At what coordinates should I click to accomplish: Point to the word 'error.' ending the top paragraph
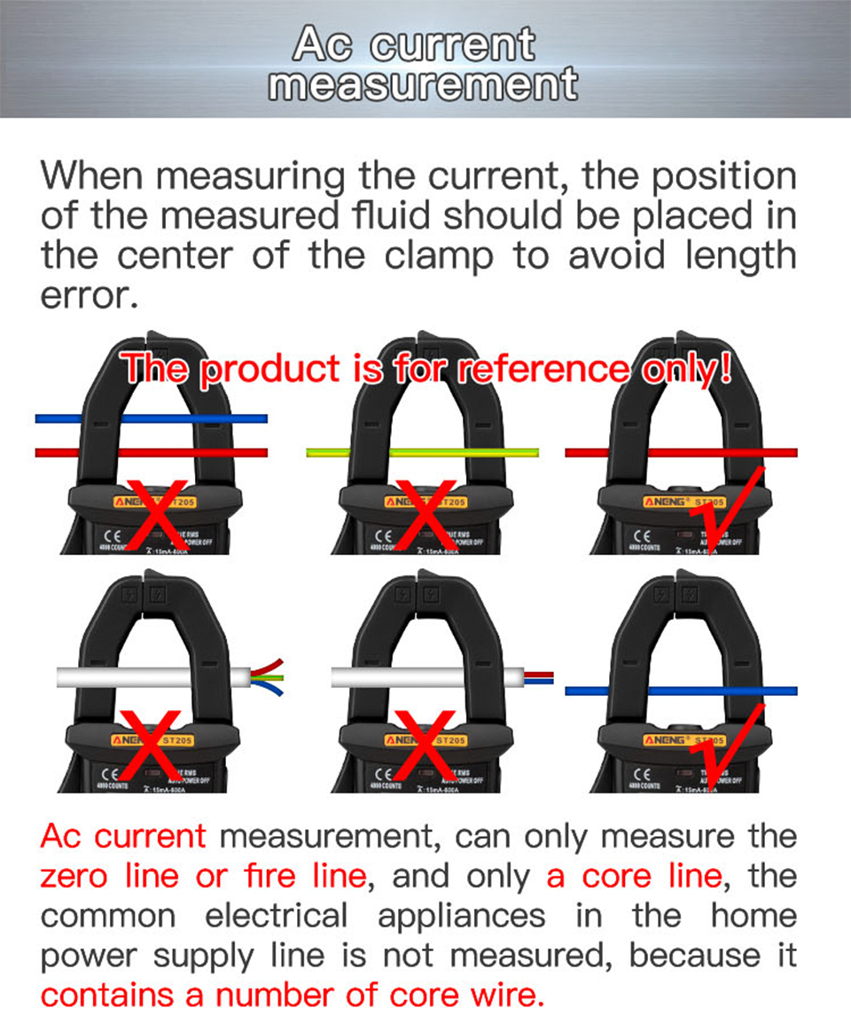coord(90,296)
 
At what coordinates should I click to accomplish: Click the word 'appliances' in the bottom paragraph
coord(461,916)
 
